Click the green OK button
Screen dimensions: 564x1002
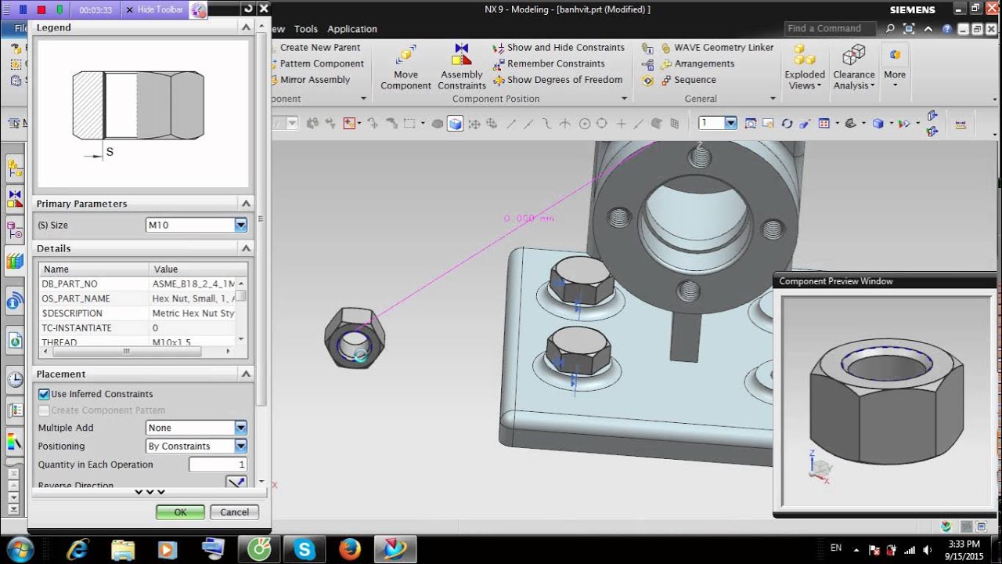point(180,512)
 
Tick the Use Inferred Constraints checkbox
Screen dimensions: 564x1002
point(45,394)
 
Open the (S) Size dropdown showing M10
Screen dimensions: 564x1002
point(240,226)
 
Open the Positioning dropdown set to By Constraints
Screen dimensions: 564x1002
point(240,446)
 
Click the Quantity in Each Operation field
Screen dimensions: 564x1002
point(218,465)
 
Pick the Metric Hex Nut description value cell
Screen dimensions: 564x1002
point(193,313)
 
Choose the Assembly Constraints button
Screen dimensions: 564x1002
point(462,66)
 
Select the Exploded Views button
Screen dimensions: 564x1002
point(805,66)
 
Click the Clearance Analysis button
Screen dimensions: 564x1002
point(853,66)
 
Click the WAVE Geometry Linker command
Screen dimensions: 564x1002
point(723,48)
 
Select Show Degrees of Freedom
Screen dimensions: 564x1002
point(564,80)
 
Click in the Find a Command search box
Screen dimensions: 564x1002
point(831,28)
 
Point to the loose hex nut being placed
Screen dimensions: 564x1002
point(355,338)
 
